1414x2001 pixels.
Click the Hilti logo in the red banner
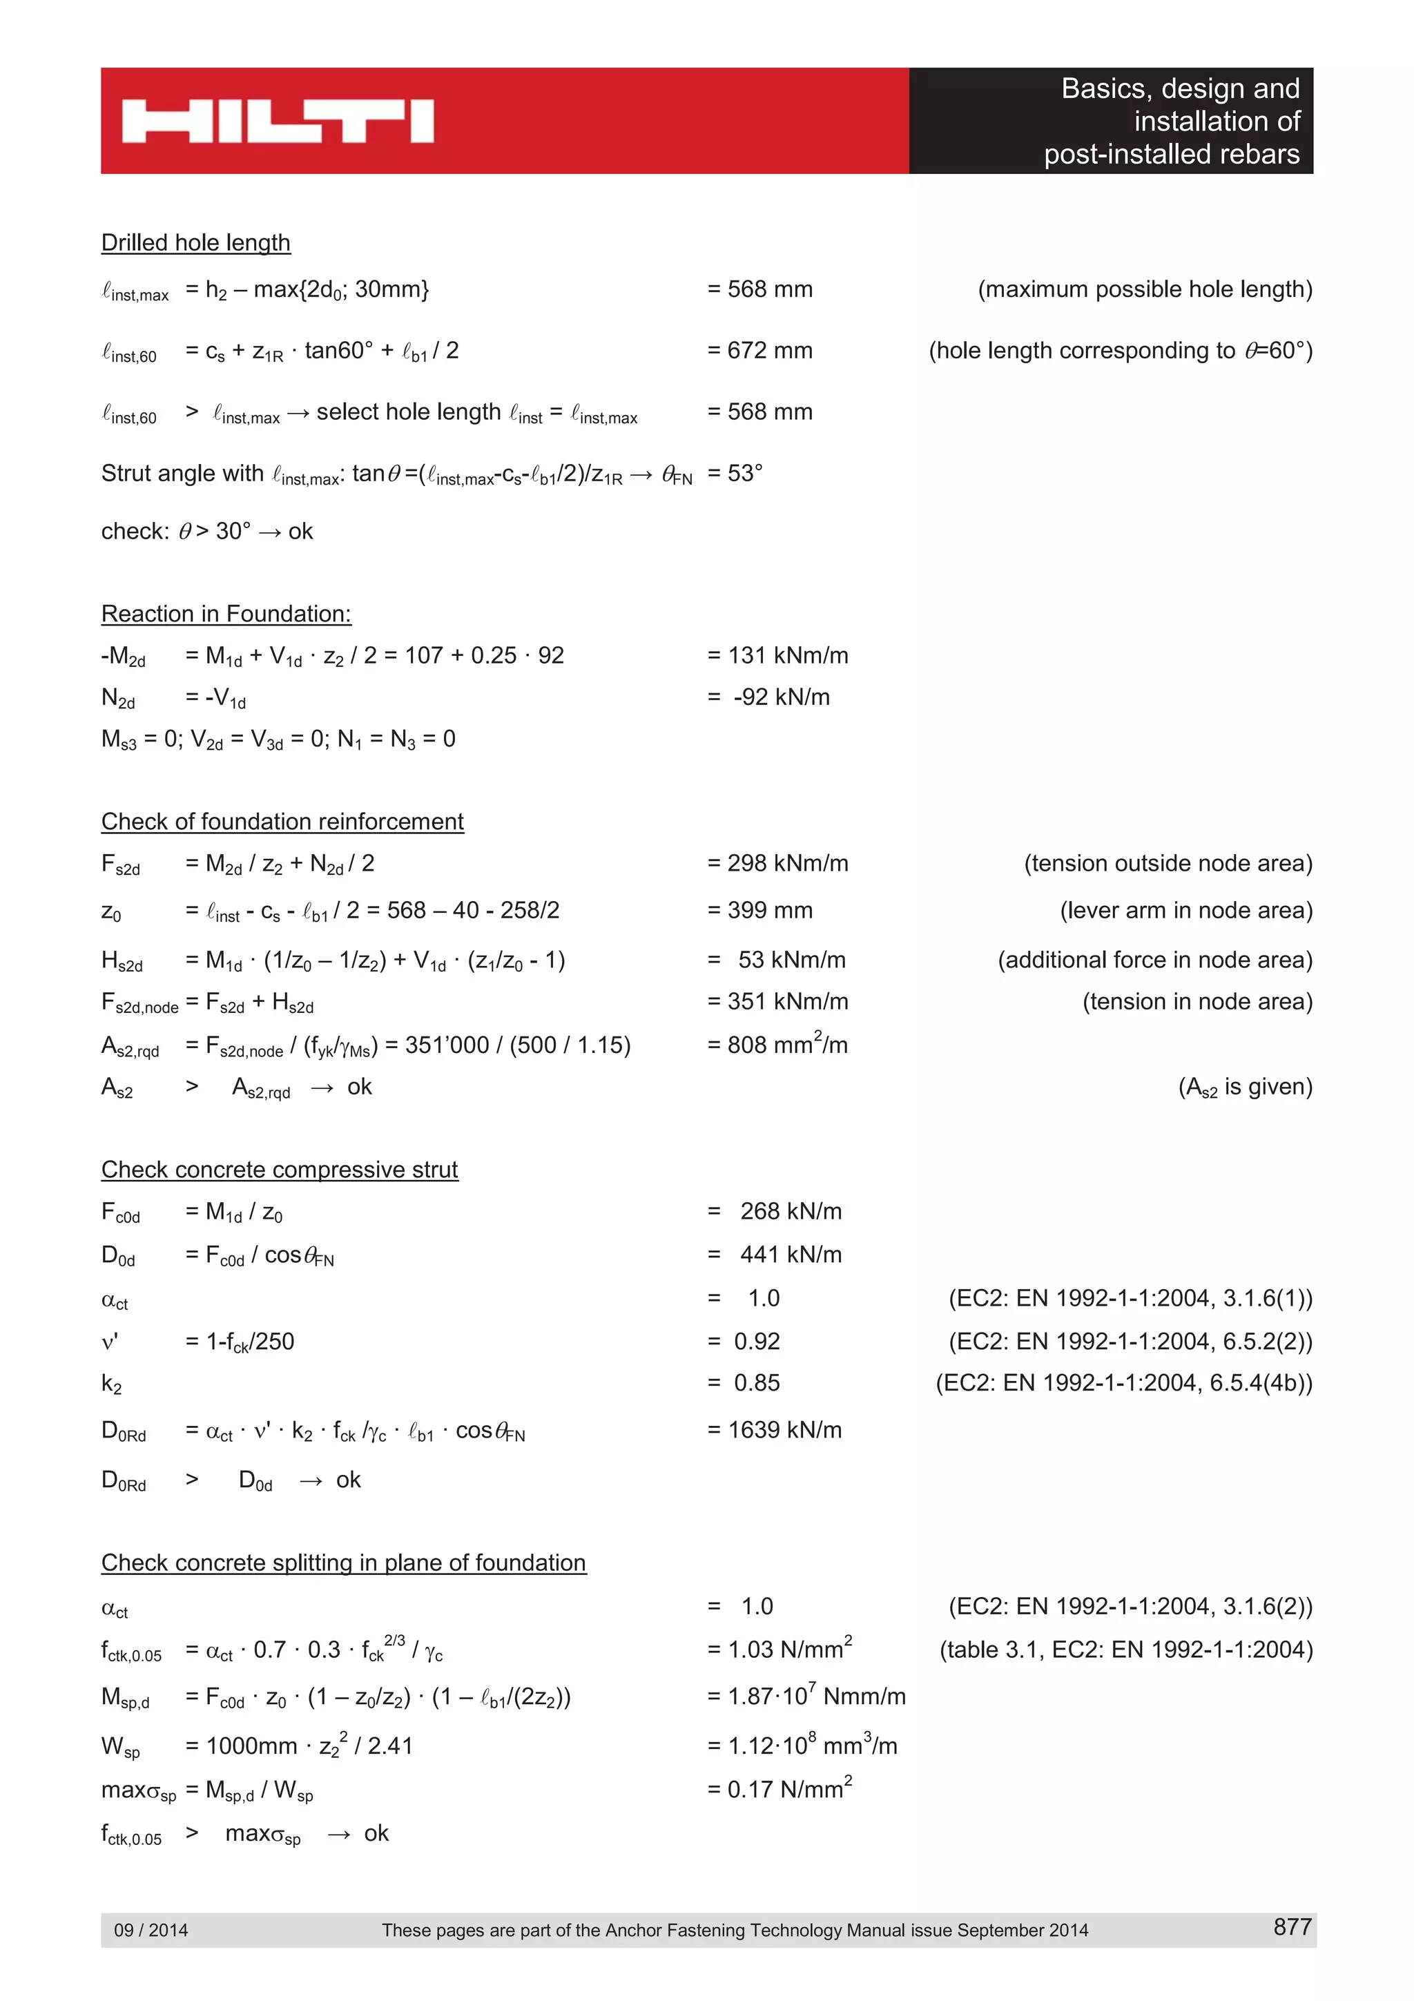coord(277,121)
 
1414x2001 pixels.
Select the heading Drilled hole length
coord(195,242)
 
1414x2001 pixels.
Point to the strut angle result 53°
coord(745,473)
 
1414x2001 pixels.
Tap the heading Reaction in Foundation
coord(226,614)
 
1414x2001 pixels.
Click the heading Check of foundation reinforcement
coord(282,821)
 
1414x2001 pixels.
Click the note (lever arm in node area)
coord(1185,910)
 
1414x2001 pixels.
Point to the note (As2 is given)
coord(1244,1087)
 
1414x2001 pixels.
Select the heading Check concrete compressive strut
coord(279,1169)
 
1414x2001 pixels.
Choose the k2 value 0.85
coord(756,1382)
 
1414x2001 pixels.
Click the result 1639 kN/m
coord(784,1429)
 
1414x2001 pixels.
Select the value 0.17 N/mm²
coord(789,1789)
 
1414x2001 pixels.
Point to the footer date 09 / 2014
coord(151,1929)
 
